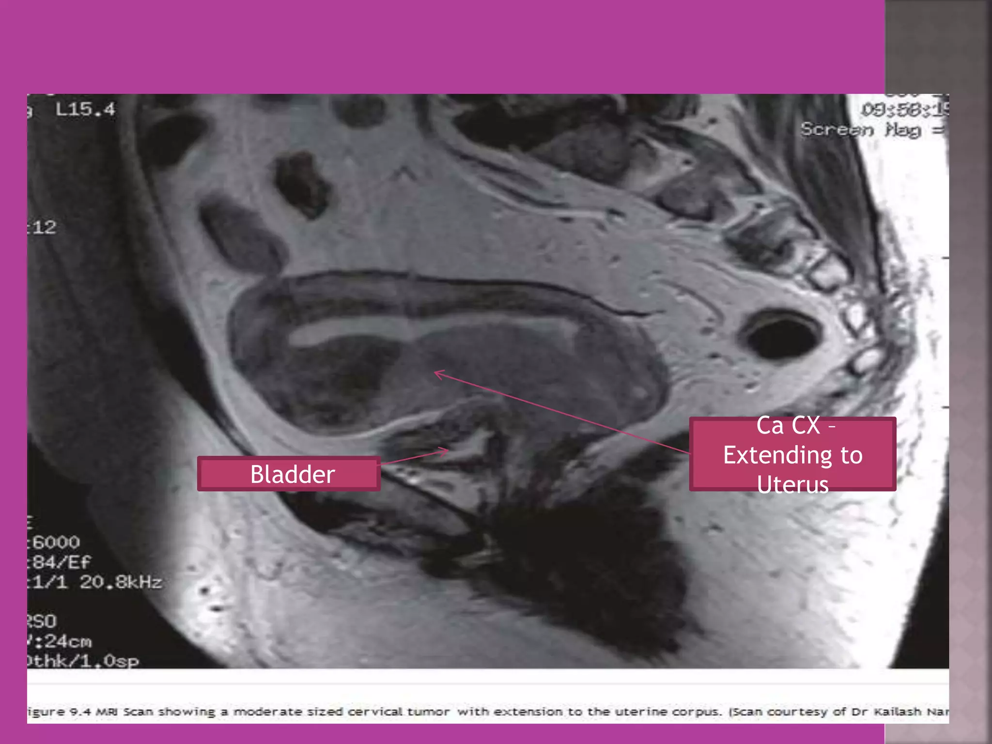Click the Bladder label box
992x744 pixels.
click(289, 474)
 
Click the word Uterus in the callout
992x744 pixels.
click(792, 485)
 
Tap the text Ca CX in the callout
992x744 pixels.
click(788, 426)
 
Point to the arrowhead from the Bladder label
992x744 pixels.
click(444, 452)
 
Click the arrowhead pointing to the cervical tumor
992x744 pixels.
click(438, 374)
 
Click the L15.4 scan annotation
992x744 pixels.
click(85, 109)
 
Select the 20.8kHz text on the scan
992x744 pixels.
click(121, 582)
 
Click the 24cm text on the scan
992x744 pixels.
click(67, 641)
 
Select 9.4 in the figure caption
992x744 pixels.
click(80, 712)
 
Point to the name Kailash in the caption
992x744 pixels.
click(897, 712)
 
